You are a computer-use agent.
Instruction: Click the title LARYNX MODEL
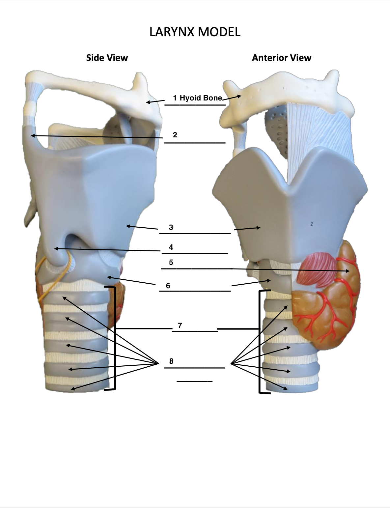[195, 32]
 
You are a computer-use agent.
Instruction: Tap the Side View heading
[107, 58]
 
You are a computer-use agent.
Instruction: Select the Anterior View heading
[281, 58]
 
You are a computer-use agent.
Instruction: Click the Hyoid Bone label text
[201, 98]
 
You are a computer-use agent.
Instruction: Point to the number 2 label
[175, 135]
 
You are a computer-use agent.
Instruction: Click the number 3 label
[171, 227]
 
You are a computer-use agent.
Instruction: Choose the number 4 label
[171, 247]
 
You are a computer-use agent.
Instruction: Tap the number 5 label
[171, 262]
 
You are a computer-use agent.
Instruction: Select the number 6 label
[168, 286]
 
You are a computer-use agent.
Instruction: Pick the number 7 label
[180, 325]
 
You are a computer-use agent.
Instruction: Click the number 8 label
[171, 361]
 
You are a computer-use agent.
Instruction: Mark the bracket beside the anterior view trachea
[260, 343]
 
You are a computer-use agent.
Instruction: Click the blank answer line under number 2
[195, 143]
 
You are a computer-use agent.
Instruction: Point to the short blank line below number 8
[194, 381]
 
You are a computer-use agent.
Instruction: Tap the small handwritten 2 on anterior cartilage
[311, 224]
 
